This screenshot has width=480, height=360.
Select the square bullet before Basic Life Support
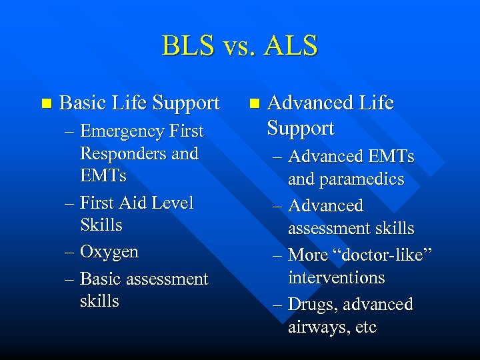coord(45,103)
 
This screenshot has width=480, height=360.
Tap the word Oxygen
coord(109,252)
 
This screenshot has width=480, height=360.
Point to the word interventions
coord(337,277)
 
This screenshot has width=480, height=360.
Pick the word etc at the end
coord(365,327)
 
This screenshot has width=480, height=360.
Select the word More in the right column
coord(307,255)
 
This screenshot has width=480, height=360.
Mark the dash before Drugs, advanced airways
coord(279,305)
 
